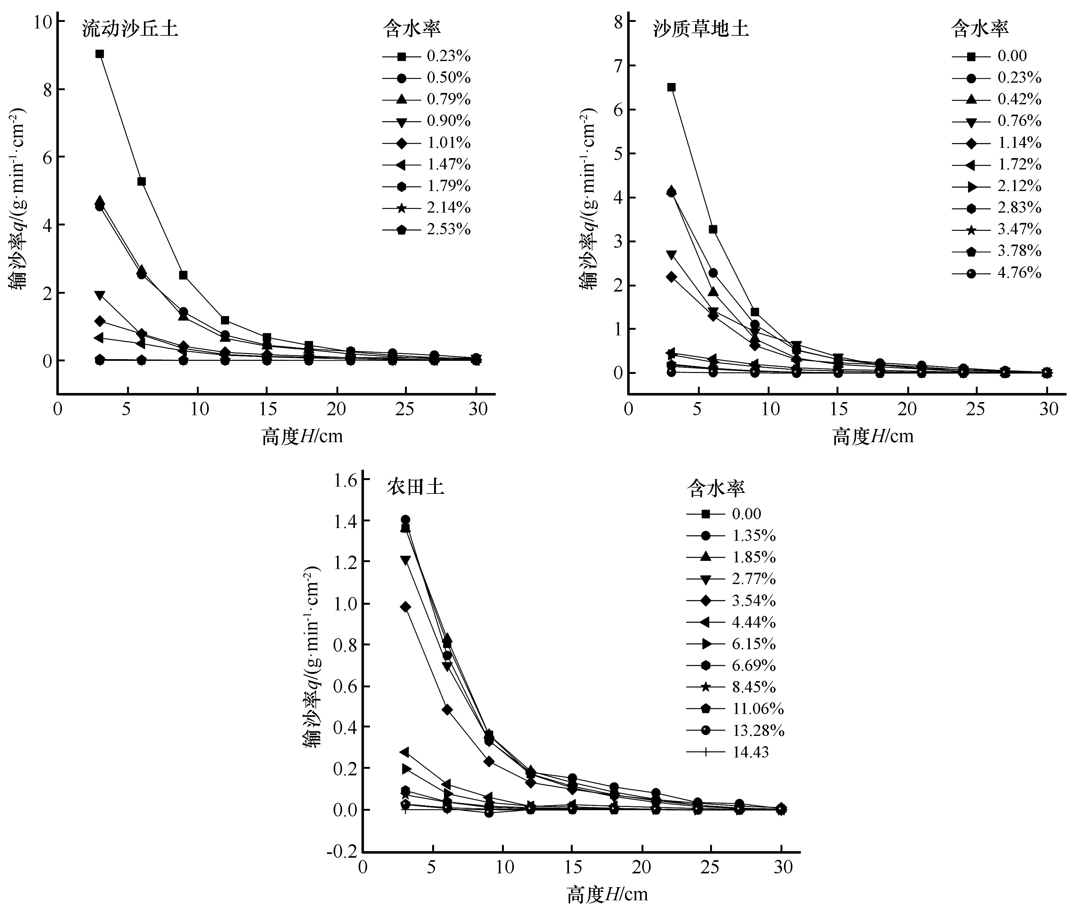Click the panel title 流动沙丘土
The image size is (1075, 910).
[x=130, y=29]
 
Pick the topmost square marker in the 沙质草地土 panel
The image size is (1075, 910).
[x=671, y=87]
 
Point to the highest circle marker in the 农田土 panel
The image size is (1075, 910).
[x=405, y=520]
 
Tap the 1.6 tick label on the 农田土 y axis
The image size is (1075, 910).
[x=345, y=481]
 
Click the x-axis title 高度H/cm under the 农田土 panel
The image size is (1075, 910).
[x=607, y=894]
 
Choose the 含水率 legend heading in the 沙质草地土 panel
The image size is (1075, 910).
[x=979, y=28]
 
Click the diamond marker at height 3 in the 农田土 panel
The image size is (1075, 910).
[x=405, y=607]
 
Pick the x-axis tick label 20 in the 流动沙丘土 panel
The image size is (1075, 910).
[x=337, y=409]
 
